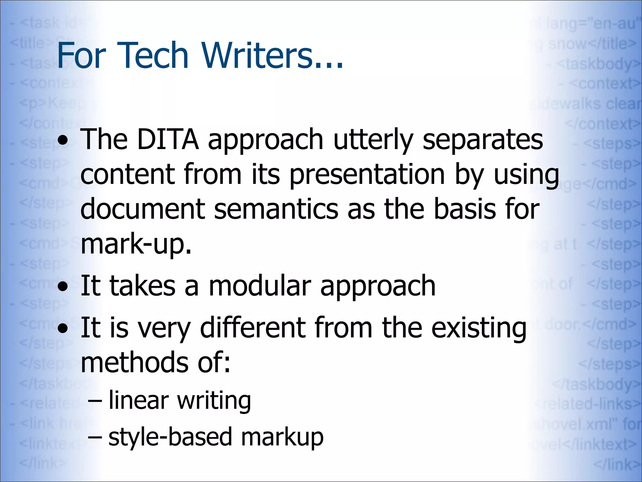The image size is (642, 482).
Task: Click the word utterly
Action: point(373,140)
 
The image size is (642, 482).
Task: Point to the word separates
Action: point(483,140)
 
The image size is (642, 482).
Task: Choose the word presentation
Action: point(367,175)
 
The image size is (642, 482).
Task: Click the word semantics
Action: point(276,209)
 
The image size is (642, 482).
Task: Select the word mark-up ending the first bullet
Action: point(136,245)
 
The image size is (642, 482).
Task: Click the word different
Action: point(252,328)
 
